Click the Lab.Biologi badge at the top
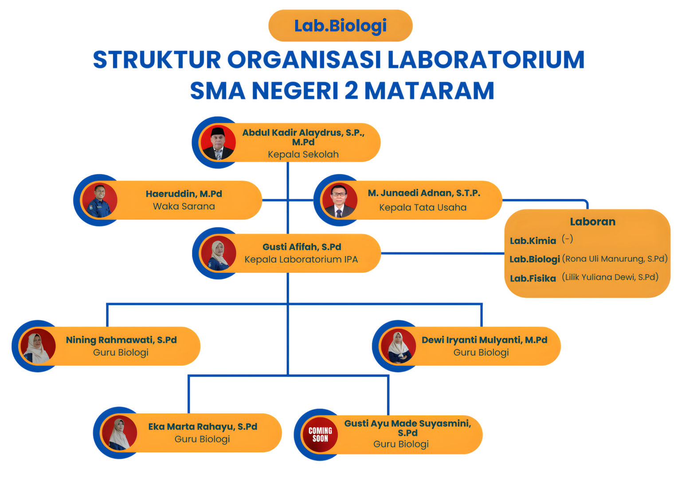[x=340, y=26]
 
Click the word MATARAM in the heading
[x=429, y=91]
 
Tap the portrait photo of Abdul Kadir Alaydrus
[x=218, y=143]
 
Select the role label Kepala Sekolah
[x=303, y=155]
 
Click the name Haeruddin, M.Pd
[x=184, y=194]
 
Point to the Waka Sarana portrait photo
[x=99, y=200]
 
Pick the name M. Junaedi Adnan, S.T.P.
[x=424, y=193]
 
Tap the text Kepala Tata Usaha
[x=423, y=207]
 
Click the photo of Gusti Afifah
[x=218, y=253]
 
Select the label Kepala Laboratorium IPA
[x=301, y=260]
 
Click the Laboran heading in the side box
[x=592, y=222]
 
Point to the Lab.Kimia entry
[x=532, y=241]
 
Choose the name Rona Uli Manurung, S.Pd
[x=615, y=259]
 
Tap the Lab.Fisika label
[x=532, y=279]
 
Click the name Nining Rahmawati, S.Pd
[x=121, y=340]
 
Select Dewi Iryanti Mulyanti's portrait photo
[x=398, y=346]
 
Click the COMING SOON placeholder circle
[x=320, y=434]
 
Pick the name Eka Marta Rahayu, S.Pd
[x=203, y=427]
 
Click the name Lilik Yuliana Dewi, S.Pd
[x=610, y=277]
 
